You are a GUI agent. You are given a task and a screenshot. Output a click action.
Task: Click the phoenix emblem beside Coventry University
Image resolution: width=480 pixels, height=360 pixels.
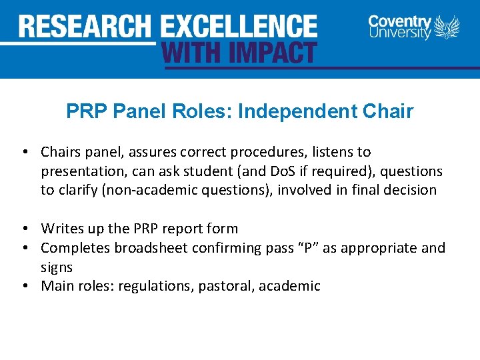(x=447, y=27)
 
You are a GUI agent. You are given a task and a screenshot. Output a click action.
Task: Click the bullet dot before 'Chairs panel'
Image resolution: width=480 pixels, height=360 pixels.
(x=25, y=153)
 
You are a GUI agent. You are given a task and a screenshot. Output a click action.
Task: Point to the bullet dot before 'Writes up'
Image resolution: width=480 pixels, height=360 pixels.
(x=25, y=229)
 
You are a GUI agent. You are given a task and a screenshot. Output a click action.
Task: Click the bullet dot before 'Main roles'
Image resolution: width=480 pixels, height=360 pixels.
(x=25, y=287)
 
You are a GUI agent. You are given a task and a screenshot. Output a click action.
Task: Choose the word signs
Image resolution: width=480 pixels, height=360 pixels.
(x=57, y=267)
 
